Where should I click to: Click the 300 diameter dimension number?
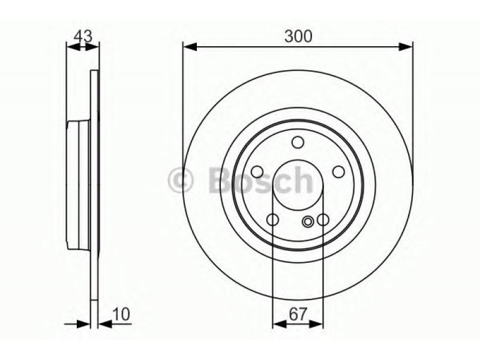pyautogui.click(x=298, y=36)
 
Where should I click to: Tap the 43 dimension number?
pyautogui.click(x=83, y=37)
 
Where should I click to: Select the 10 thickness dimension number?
pyautogui.click(x=122, y=314)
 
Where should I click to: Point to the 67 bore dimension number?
pyautogui.click(x=298, y=314)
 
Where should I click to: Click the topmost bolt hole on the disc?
pyautogui.click(x=298, y=142)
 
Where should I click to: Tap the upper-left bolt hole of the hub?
pyautogui.click(x=257, y=172)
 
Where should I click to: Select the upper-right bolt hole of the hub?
pyautogui.click(x=338, y=172)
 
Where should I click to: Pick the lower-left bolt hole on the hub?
pyautogui.click(x=272, y=220)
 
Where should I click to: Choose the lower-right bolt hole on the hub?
pyautogui.click(x=323, y=220)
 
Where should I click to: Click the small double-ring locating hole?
pyautogui.click(x=307, y=221)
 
